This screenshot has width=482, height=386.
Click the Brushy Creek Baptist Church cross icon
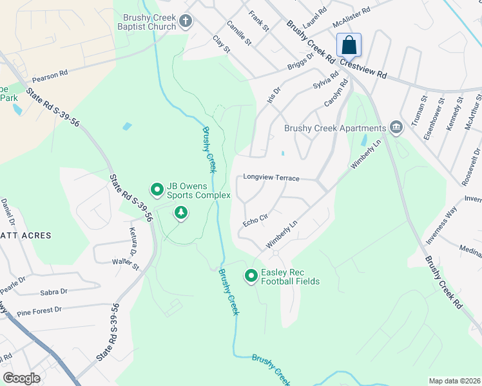(x=186, y=21)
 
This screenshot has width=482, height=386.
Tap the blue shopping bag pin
(x=349, y=46)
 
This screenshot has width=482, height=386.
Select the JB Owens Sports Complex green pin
(x=156, y=189)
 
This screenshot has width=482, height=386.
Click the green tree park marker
(x=181, y=212)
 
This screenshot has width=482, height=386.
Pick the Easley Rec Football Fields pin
(x=251, y=276)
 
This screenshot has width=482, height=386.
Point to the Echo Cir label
(x=255, y=221)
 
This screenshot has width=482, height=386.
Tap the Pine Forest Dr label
(x=39, y=310)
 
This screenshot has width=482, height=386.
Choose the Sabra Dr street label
(x=53, y=291)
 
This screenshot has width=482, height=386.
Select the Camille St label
(x=238, y=33)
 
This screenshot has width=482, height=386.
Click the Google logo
(x=21, y=378)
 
